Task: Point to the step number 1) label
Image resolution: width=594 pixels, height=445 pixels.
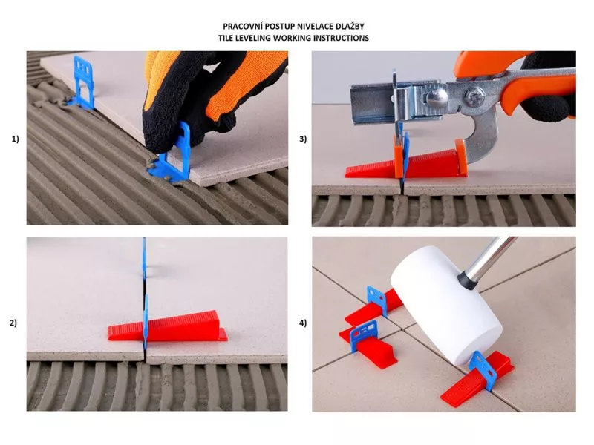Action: pyautogui.click(x=15, y=139)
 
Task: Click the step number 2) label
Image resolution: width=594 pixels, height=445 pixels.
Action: pyautogui.click(x=13, y=323)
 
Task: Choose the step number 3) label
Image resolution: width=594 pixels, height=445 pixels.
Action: pyautogui.click(x=303, y=139)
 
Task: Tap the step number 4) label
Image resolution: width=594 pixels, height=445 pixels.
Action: pyautogui.click(x=303, y=323)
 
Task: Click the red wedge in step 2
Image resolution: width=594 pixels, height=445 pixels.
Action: pyautogui.click(x=168, y=326)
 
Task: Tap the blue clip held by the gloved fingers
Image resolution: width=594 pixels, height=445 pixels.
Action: pyautogui.click(x=172, y=155)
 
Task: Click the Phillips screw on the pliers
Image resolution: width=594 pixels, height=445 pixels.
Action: pyautogui.click(x=475, y=98)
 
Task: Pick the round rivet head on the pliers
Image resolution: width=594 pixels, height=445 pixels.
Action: pyautogui.click(x=437, y=98)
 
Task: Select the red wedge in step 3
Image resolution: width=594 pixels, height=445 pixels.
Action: pyautogui.click(x=406, y=163)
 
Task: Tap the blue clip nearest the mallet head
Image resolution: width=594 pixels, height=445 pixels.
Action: pyautogui.click(x=481, y=371)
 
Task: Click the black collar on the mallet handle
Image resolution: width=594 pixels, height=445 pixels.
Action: pyautogui.click(x=467, y=280)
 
